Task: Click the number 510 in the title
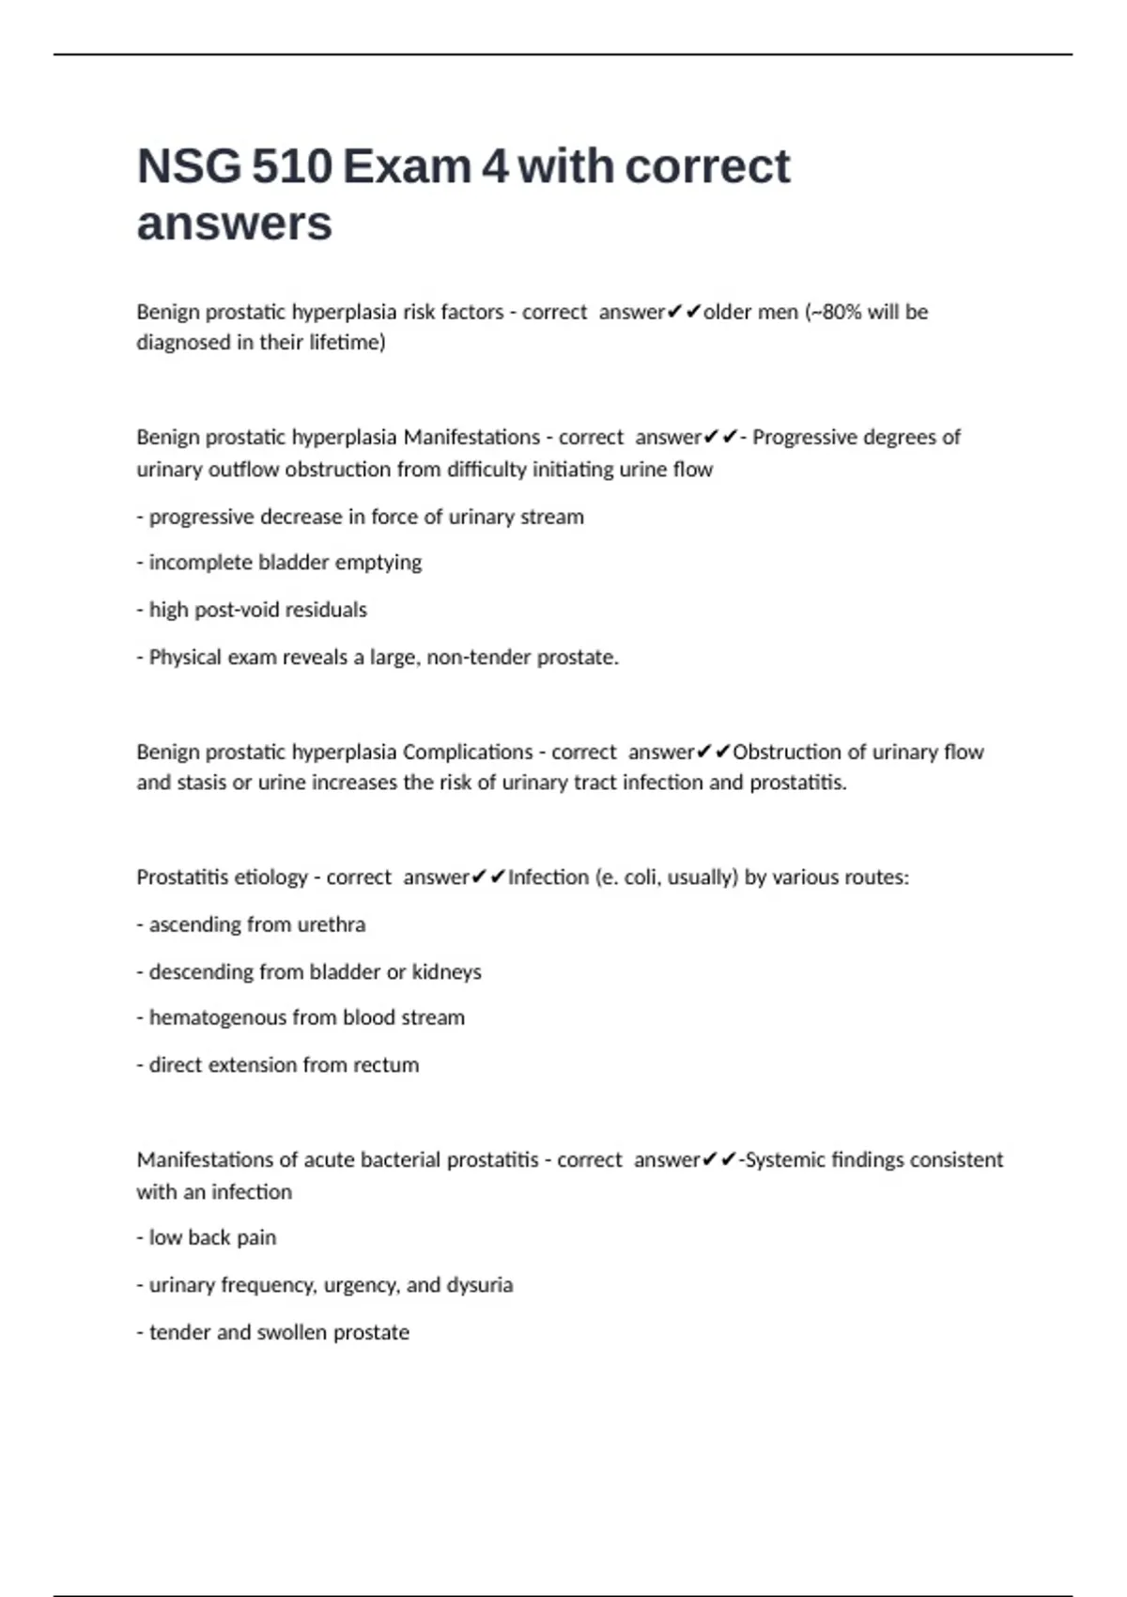pyautogui.click(x=291, y=166)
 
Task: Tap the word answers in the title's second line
pyautogui.click(x=234, y=224)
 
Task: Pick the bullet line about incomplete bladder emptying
pyautogui.click(x=279, y=563)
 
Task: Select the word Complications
pyautogui.click(x=468, y=752)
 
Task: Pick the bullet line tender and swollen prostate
pyautogui.click(x=272, y=1332)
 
